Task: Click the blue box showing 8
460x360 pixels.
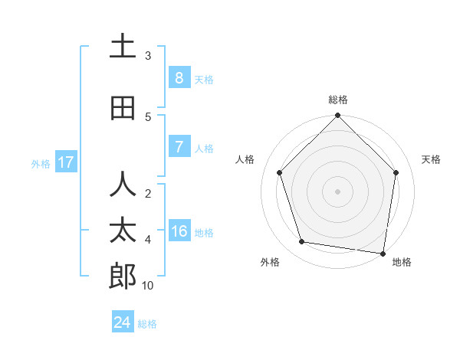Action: pos(179,77)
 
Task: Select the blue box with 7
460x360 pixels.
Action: pos(179,147)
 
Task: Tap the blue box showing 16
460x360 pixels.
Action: pos(179,231)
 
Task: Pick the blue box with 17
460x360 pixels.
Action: pos(65,162)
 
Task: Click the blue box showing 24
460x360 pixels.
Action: pos(123,322)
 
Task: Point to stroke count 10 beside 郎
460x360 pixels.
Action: pos(148,285)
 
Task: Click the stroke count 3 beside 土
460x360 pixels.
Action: pos(148,55)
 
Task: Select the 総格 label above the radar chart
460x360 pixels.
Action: pos(337,100)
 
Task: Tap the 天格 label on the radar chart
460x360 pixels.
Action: pos(431,159)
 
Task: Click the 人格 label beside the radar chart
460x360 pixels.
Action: pos(245,159)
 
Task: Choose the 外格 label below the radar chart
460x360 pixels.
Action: pos(270,262)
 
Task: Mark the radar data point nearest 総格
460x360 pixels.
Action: pos(337,116)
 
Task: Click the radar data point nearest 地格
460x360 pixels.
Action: pos(383,253)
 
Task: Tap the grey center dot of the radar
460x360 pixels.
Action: pos(337,191)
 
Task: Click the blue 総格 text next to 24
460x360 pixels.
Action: pos(147,324)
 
